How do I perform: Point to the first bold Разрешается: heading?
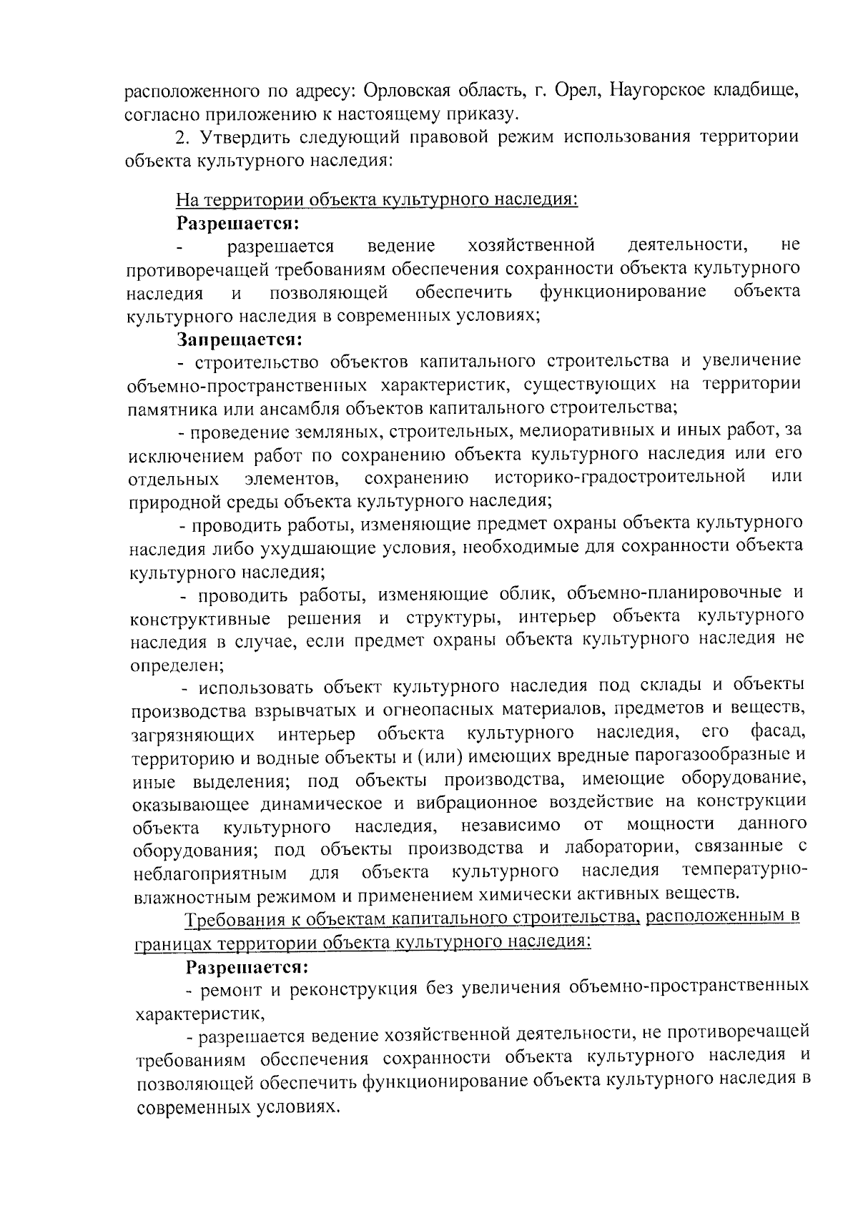(x=238, y=223)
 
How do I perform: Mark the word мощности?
(x=670, y=826)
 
